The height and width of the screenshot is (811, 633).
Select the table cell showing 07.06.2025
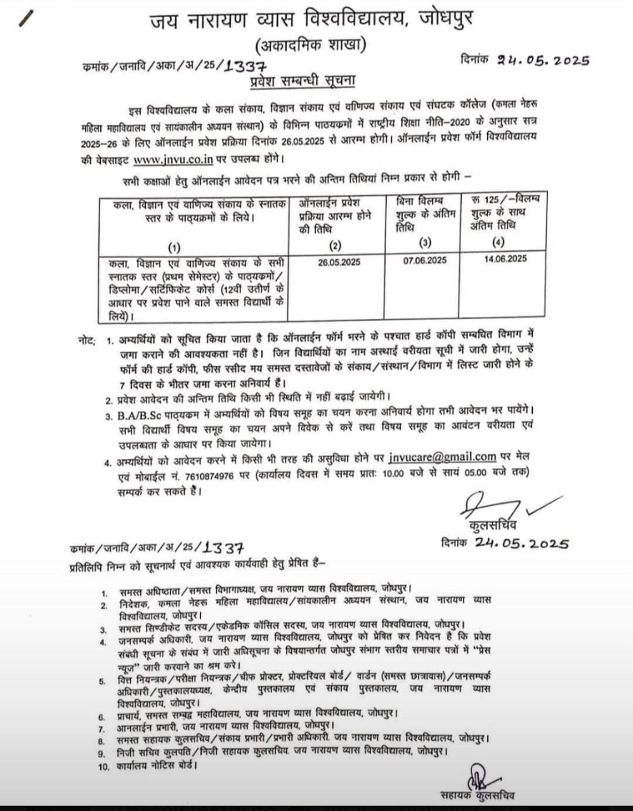point(424,260)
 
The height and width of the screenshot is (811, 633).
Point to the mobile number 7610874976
point(217,473)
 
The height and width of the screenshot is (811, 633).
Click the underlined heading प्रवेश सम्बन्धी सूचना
point(301,81)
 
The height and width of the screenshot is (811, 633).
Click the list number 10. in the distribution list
point(104,767)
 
